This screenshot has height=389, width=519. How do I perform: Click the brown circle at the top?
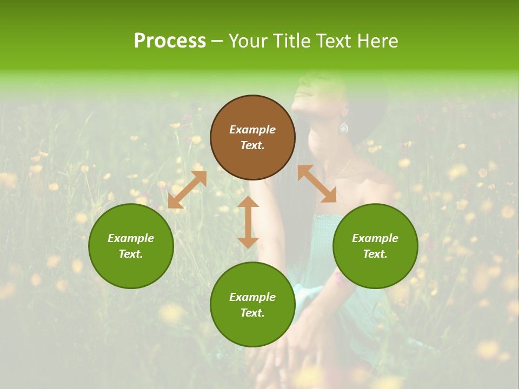(252, 138)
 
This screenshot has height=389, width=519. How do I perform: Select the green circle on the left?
(131, 246)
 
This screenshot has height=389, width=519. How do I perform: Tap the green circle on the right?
(375, 246)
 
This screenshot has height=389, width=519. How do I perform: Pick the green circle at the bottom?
(252, 305)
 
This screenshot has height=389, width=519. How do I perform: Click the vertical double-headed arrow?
(248, 222)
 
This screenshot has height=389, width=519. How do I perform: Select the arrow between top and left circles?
(187, 190)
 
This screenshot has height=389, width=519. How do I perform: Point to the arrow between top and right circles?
(317, 184)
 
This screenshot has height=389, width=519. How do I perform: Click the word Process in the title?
(170, 41)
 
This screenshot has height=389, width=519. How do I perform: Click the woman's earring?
(343, 128)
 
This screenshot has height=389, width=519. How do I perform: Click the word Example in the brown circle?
(252, 130)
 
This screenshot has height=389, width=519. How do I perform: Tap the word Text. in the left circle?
(131, 254)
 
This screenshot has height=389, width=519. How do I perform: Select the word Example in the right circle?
(375, 238)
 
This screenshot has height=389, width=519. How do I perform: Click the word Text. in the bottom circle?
(252, 313)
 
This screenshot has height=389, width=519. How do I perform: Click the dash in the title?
(217, 41)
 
